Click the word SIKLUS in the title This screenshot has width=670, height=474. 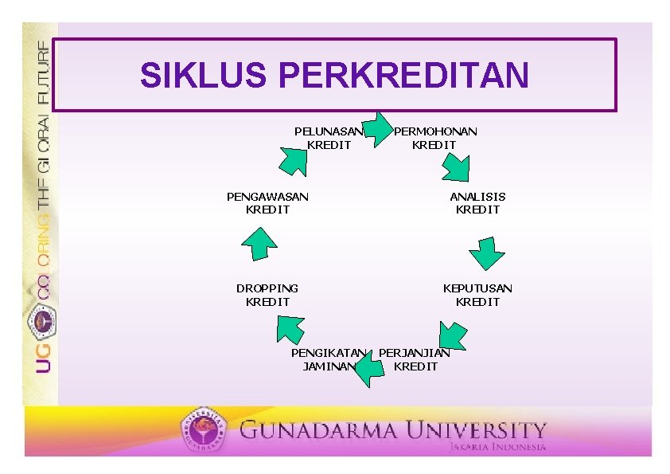(x=204, y=74)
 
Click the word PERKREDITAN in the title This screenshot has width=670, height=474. (x=403, y=74)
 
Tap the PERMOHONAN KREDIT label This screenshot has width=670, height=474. (x=435, y=138)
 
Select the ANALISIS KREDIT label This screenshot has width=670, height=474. (x=477, y=203)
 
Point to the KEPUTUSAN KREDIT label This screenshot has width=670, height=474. (x=477, y=295)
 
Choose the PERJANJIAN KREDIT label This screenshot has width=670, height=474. (x=415, y=359)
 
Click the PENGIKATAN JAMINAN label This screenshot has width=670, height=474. (x=329, y=359)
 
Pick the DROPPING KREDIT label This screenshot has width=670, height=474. (x=267, y=295)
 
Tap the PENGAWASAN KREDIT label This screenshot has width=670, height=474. (x=267, y=203)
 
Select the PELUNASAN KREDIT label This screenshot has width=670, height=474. (x=329, y=138)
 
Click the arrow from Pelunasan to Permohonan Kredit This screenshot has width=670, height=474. (x=377, y=130)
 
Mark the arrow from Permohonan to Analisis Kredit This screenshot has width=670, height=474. (x=457, y=168)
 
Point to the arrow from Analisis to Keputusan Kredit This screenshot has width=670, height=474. (x=487, y=253)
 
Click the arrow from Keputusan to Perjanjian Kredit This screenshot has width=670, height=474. (x=453, y=336)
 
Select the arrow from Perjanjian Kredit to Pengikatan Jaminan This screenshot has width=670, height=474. (x=369, y=369)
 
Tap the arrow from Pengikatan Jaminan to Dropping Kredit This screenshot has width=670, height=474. (x=290, y=329)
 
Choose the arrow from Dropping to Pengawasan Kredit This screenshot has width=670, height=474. (x=259, y=245)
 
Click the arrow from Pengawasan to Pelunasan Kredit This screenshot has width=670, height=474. (x=294, y=162)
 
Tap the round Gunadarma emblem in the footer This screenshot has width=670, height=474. (x=203, y=429)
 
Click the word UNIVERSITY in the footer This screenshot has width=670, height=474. (x=476, y=430)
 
